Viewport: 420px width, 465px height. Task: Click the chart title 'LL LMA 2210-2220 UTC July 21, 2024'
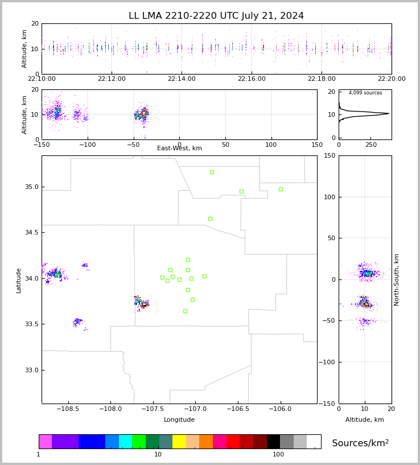point(216,15)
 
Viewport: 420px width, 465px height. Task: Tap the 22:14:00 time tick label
point(182,79)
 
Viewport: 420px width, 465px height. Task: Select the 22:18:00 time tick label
point(322,79)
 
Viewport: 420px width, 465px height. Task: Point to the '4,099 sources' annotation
point(365,93)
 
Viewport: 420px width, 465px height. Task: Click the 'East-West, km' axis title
point(179,148)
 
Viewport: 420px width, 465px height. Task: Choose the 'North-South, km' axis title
point(396,280)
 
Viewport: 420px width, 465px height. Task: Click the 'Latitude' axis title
point(18,281)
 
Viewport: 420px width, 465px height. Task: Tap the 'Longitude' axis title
point(179,419)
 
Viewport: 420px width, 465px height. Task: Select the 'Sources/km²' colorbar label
point(360,443)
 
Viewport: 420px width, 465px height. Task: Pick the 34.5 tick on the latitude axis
point(32,232)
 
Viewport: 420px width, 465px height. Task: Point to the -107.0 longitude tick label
point(195,409)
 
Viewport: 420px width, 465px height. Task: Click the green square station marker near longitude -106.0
point(281,189)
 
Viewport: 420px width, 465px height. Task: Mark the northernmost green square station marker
point(212,172)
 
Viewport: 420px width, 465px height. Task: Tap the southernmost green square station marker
point(185,311)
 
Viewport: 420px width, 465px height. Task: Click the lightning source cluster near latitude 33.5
point(78,322)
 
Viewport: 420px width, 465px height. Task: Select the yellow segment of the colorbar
point(179,442)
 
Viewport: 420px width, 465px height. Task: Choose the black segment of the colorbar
point(273,442)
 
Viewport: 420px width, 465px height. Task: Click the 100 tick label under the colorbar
point(278,454)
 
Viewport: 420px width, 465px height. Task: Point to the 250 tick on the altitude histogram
point(370,145)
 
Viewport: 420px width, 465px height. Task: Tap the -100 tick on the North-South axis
point(327,362)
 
